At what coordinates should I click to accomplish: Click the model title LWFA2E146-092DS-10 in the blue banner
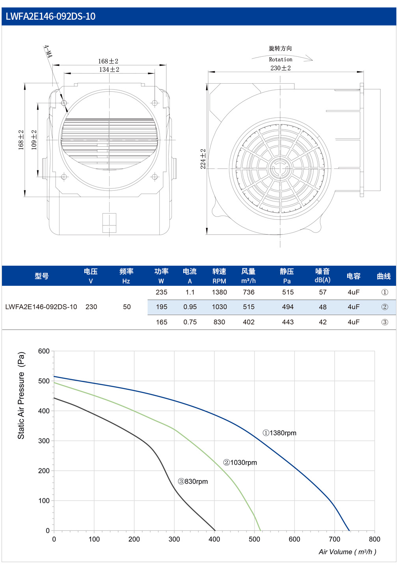coord(50,16)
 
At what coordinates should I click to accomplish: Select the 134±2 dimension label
coord(109,69)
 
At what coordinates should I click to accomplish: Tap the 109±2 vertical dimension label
coord(34,140)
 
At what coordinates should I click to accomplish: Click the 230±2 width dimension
coord(280,68)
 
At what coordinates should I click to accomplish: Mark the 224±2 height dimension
coord(203,159)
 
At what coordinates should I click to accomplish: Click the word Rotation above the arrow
coord(281,60)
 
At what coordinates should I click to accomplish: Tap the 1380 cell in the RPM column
coord(219,292)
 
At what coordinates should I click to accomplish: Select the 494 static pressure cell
coord(288,307)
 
